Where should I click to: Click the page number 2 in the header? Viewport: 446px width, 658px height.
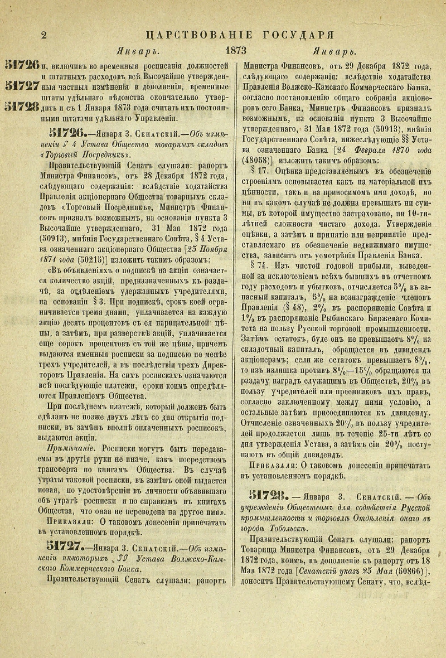(x=43, y=35)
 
